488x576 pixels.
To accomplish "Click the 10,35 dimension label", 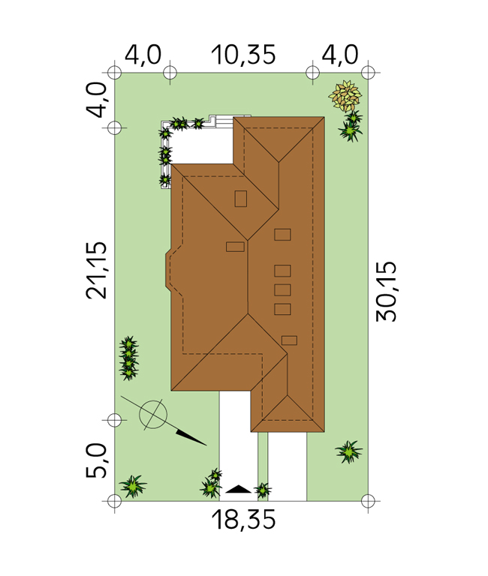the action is coord(243,55).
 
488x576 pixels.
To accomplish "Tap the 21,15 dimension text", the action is coord(96,270).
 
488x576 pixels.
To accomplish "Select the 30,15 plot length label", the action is coord(386,292).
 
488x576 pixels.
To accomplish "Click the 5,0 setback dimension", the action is coord(96,460).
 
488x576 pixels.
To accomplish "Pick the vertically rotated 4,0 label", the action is coord(96,99).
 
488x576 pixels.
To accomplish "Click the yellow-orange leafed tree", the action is coord(345,95).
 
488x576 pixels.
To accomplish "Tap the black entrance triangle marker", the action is coord(238,489).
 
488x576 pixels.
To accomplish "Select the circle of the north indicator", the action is coord(153,415).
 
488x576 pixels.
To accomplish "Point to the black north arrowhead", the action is coord(191,437).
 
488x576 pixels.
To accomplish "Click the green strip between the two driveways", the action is coord(263,466).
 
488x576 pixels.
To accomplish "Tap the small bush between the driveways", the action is coord(263,490).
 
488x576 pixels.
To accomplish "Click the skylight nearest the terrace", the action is coord(241,199).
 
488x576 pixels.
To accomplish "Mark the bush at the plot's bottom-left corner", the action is coord(132,486).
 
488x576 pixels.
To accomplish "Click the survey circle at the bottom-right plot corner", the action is coord(368,501).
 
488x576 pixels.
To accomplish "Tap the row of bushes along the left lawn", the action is coord(128,358).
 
